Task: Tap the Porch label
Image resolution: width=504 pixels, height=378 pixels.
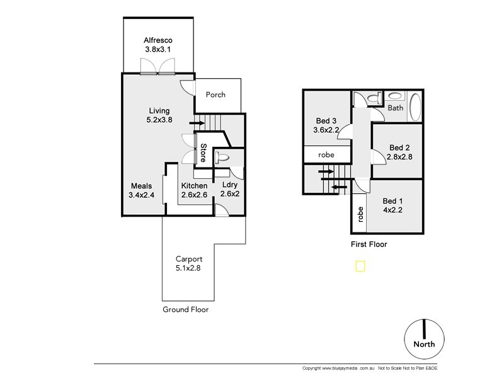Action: (215, 95)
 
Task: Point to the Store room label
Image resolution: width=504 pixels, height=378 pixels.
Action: (203, 152)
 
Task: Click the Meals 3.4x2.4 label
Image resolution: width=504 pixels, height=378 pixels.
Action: (140, 191)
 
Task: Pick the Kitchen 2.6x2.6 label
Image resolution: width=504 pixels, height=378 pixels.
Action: (194, 191)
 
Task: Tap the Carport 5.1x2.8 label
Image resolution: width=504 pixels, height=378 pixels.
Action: (188, 264)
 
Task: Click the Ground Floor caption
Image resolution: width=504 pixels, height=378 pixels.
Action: (185, 309)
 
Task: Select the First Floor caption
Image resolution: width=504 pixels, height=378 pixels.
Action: (369, 244)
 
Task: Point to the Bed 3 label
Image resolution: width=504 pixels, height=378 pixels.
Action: (326, 126)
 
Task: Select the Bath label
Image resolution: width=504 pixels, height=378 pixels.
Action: (395, 108)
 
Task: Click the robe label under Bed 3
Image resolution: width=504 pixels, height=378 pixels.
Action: (326, 154)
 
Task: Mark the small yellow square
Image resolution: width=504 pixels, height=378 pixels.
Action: (360, 266)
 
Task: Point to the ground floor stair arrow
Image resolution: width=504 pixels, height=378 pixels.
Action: (197, 123)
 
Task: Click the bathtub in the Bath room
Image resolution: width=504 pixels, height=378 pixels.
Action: (415, 107)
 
